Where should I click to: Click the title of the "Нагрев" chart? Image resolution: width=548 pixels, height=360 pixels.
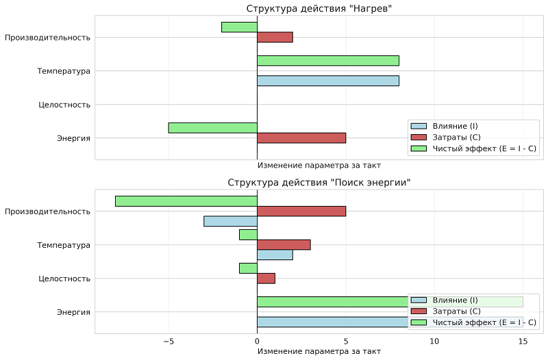point(319,8)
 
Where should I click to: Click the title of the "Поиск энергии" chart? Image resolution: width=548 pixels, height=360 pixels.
point(319,183)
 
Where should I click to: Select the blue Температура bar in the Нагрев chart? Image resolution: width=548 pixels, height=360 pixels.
point(327,81)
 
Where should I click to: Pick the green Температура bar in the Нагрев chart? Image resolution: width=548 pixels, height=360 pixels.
point(327,60)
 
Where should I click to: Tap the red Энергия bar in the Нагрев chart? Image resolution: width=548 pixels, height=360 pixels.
point(301,138)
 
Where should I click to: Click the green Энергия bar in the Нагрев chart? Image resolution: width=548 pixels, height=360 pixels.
point(212,127)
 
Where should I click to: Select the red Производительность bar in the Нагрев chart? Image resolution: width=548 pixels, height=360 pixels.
point(275,37)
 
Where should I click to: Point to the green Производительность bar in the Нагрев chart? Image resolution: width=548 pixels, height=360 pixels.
point(239,27)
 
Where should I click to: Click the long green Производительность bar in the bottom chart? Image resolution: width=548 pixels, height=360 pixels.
point(186,201)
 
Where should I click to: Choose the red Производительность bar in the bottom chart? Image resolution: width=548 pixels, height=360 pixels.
point(301,211)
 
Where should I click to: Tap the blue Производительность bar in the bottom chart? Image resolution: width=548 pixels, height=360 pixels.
point(230,221)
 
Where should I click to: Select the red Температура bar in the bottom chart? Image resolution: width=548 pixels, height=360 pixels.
point(284,244)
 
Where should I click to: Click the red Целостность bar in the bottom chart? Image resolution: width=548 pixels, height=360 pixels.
point(266,278)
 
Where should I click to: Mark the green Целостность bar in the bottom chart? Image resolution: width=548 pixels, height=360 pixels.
point(248,268)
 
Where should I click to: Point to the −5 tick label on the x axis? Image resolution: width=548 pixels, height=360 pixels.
point(169,341)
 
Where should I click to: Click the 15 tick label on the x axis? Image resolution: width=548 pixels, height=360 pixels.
point(523,341)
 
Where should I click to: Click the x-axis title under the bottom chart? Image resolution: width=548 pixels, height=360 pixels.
point(319,351)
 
